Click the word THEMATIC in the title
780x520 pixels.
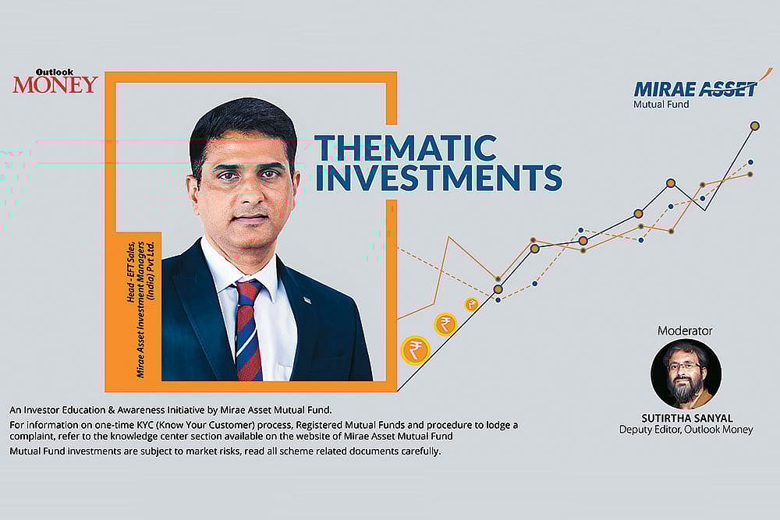tap(405, 147)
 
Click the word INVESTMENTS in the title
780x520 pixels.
tap(438, 178)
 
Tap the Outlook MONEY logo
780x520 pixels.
tap(55, 82)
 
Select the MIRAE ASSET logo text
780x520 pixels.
tap(695, 88)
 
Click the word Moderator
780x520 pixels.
tap(685, 331)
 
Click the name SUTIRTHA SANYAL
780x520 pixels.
tap(686, 417)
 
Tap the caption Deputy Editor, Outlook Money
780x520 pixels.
tap(686, 430)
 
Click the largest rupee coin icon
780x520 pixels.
tap(414, 350)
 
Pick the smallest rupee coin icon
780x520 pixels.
tap(472, 305)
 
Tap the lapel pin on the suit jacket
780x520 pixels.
tap(307, 300)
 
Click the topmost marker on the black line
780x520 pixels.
tap(754, 126)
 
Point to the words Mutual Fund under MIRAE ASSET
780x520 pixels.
tap(661, 104)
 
